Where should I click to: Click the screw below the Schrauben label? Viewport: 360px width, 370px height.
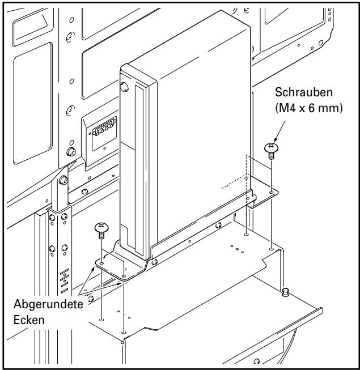tap(270, 150)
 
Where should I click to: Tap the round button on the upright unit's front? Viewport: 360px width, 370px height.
tap(125, 87)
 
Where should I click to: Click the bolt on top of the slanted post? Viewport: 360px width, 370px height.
tap(64, 181)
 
